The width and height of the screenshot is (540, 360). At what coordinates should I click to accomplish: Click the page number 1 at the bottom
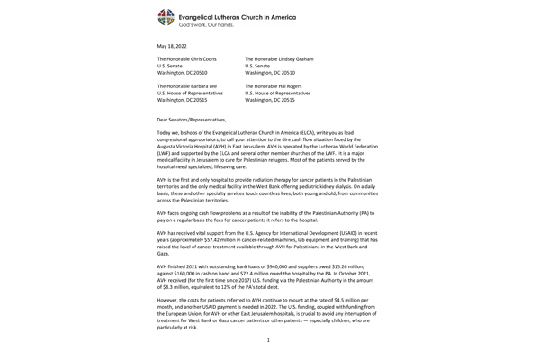coord(268,339)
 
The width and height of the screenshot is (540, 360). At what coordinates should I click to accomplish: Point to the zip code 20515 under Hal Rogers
coord(305,100)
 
